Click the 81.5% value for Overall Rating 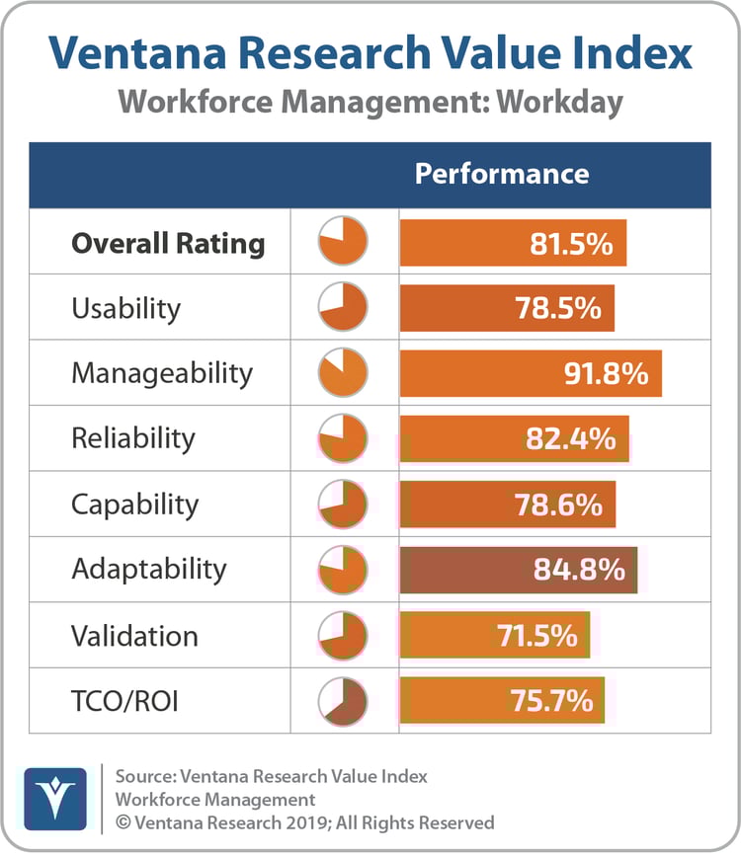click(571, 243)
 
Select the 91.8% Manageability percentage click(606, 374)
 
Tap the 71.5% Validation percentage click(535, 635)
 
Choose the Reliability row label click(133, 438)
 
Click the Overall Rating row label click(168, 243)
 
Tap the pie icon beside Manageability click(343, 374)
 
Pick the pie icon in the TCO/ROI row click(343, 701)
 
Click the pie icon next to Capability click(343, 505)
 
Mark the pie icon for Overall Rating click(343, 243)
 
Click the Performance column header click(501, 174)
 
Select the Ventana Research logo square click(54, 796)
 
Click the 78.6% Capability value click(558, 505)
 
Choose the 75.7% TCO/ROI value click(551, 701)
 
